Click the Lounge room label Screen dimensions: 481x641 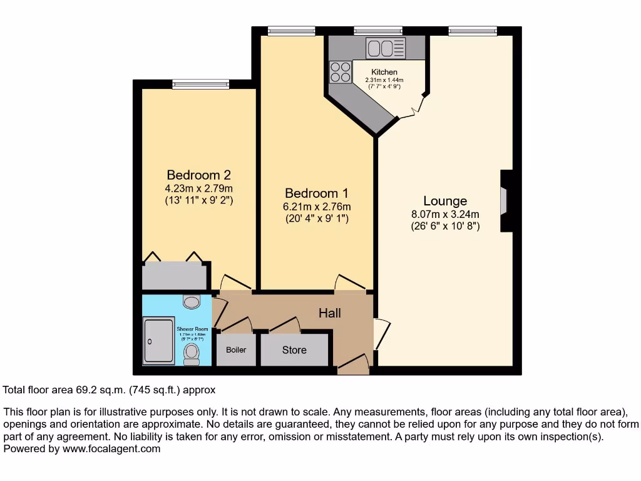(445, 201)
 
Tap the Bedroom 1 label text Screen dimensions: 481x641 (316, 193)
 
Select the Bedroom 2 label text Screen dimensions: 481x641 (193, 175)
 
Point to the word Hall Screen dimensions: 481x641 (329, 313)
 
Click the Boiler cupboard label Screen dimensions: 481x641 (236, 350)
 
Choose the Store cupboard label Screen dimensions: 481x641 (294, 350)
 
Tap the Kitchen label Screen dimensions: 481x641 (384, 72)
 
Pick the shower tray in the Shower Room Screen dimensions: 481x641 (159, 341)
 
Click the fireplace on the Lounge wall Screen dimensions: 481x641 (504, 201)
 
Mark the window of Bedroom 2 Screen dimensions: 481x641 (200, 84)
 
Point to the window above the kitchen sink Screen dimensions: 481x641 (377, 30)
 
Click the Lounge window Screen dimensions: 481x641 (473, 30)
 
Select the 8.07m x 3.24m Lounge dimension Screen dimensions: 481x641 (445, 214)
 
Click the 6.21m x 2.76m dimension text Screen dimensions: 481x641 (316, 207)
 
